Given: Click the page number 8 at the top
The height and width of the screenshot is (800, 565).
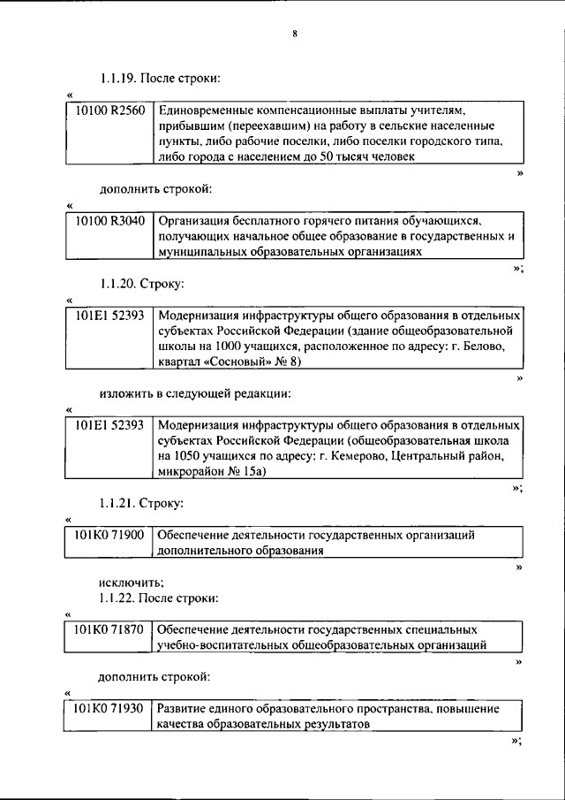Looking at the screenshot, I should tap(295, 34).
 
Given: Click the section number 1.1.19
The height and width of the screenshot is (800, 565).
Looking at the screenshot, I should tap(118, 79).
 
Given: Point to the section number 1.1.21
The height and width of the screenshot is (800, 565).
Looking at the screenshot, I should tap(118, 503).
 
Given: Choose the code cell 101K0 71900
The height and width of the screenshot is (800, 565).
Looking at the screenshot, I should tap(109, 535).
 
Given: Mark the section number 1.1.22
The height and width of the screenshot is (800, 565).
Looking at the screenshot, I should tap(118, 598).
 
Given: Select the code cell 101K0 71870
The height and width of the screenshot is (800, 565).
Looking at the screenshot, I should tap(109, 629).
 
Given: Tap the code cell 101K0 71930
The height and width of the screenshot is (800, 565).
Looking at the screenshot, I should tap(109, 708).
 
